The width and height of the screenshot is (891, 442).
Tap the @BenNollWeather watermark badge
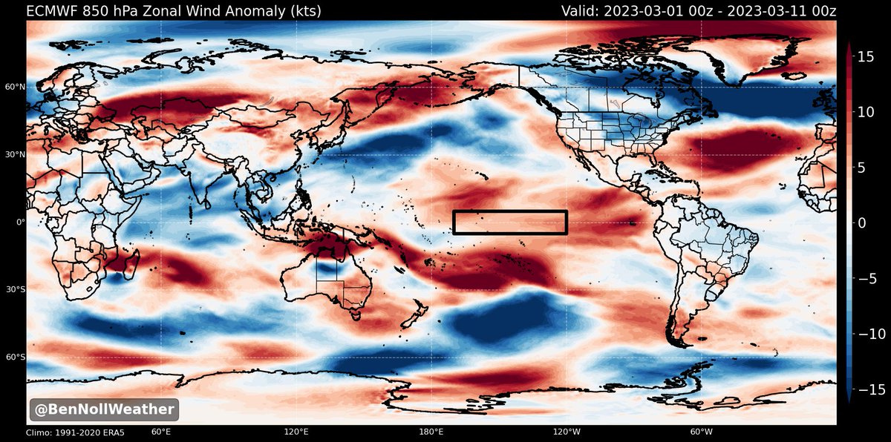coord(103,409)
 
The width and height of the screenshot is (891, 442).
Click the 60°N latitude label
coord(16,87)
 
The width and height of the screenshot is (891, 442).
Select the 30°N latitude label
coord(16,154)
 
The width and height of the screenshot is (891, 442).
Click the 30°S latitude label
coord(16,289)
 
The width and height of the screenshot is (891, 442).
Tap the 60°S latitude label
coord(16,357)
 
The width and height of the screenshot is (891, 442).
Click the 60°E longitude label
coord(161,432)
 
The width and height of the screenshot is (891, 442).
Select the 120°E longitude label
coord(296,432)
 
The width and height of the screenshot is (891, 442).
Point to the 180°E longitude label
coord(431,432)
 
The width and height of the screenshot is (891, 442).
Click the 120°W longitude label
coord(567,432)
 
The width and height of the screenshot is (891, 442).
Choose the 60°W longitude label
coord(702,432)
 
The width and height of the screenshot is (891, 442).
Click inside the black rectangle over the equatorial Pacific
coord(510,222)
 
